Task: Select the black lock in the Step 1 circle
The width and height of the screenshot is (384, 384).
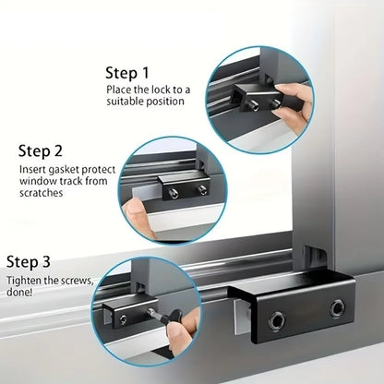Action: point(255,94)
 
